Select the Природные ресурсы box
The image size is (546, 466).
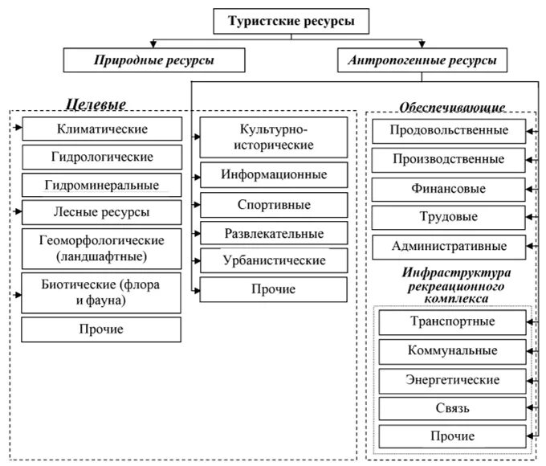pyautogui.click(x=142, y=60)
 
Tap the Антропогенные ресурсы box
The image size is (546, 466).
pyautogui.click(x=422, y=60)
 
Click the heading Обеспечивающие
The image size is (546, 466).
pyautogui.click(x=452, y=108)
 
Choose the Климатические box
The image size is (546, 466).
pyautogui.click(x=101, y=129)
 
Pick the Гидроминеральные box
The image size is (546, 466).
pyautogui.click(x=101, y=186)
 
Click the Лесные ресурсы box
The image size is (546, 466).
pyautogui.click(x=101, y=213)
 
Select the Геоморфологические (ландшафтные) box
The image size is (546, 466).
pyautogui.click(x=101, y=249)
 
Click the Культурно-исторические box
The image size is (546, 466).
pyautogui.click(x=275, y=137)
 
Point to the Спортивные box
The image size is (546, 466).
pyautogui.click(x=275, y=204)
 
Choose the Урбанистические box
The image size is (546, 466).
pyautogui.click(x=275, y=260)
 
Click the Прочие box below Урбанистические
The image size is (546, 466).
pyautogui.click(x=275, y=289)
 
